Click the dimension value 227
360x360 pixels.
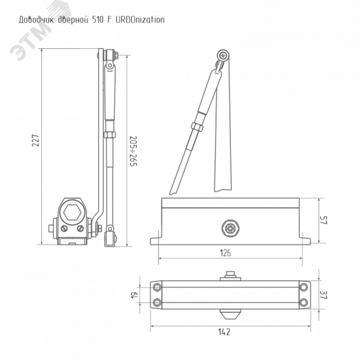(x=35, y=140)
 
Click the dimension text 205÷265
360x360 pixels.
(x=133, y=151)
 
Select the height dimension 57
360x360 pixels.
(x=324, y=220)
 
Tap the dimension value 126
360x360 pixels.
(x=225, y=253)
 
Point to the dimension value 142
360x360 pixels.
(x=224, y=332)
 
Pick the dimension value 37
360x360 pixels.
(x=324, y=295)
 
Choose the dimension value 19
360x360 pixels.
(x=135, y=295)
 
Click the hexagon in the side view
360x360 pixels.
(x=72, y=212)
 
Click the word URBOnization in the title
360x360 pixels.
(x=140, y=20)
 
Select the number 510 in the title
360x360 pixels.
(x=98, y=20)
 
